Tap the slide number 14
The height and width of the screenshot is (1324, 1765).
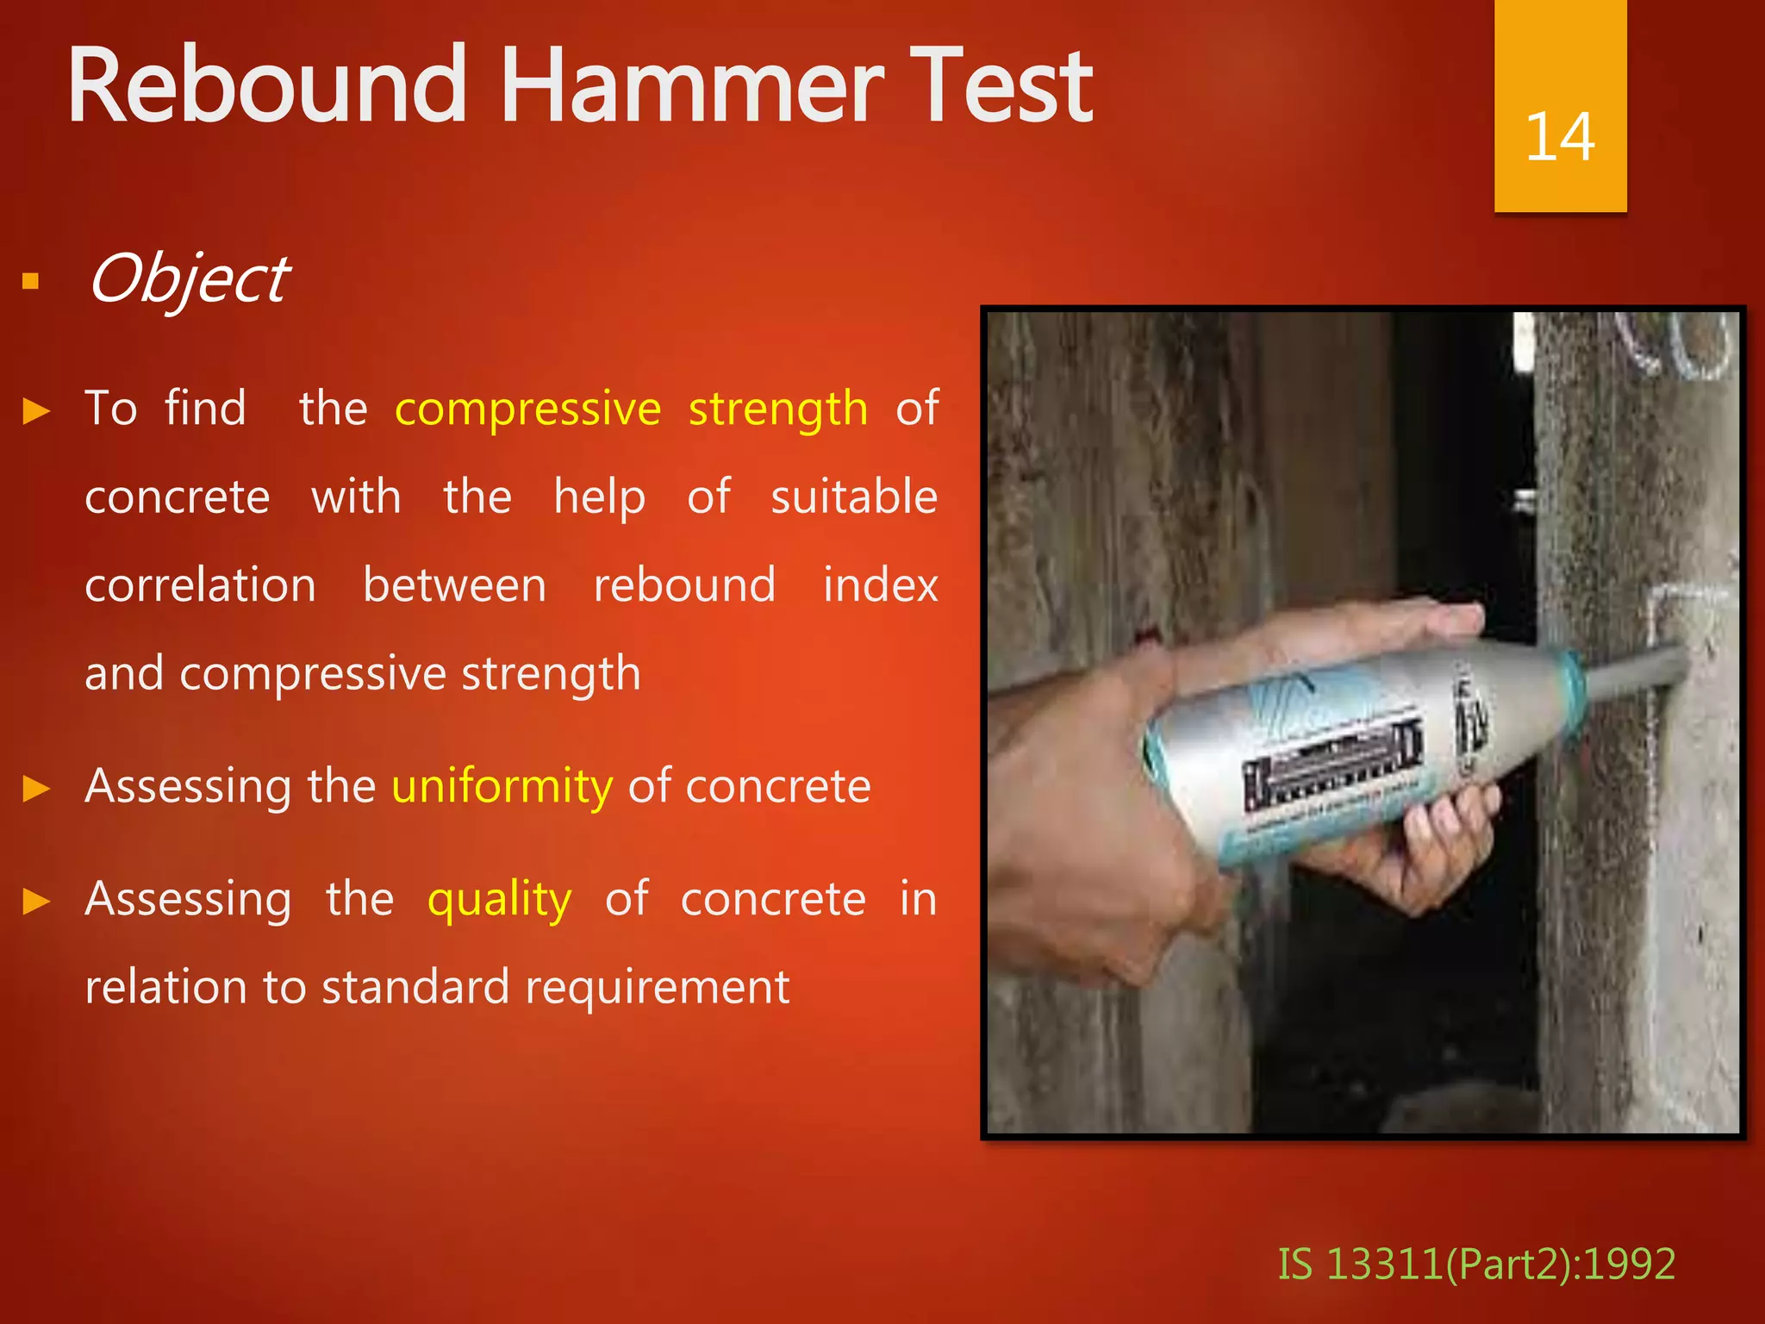point(1559,137)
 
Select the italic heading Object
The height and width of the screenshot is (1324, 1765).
point(189,280)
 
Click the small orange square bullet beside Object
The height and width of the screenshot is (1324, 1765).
point(31,281)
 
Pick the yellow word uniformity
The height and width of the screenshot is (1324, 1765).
point(502,786)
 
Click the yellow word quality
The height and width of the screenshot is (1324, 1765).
point(499,900)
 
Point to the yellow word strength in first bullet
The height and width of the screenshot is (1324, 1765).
point(777,409)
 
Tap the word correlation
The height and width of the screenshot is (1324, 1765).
point(200,585)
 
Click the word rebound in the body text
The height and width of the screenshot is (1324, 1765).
point(684,585)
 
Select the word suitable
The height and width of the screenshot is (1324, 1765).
point(853,497)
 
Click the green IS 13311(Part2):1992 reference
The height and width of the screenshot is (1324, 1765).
point(1475,1264)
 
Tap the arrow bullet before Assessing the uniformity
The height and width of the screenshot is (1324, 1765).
point(36,788)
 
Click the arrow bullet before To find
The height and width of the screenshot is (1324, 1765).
point(36,410)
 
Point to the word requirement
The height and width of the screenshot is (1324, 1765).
point(657,987)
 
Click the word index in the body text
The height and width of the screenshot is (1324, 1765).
point(880,585)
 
